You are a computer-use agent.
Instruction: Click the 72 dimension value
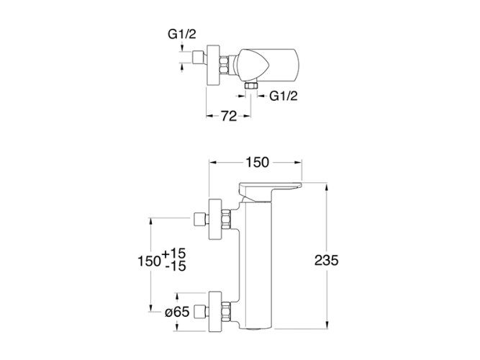click(228, 115)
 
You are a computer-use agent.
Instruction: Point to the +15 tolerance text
click(176, 253)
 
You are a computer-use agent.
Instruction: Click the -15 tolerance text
click(176, 267)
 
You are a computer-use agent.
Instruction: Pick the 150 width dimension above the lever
click(256, 162)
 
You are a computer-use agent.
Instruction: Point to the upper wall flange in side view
click(214, 219)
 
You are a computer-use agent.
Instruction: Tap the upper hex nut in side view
click(229, 219)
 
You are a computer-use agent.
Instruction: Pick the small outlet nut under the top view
click(251, 86)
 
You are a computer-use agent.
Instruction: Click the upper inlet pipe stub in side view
click(200, 219)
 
